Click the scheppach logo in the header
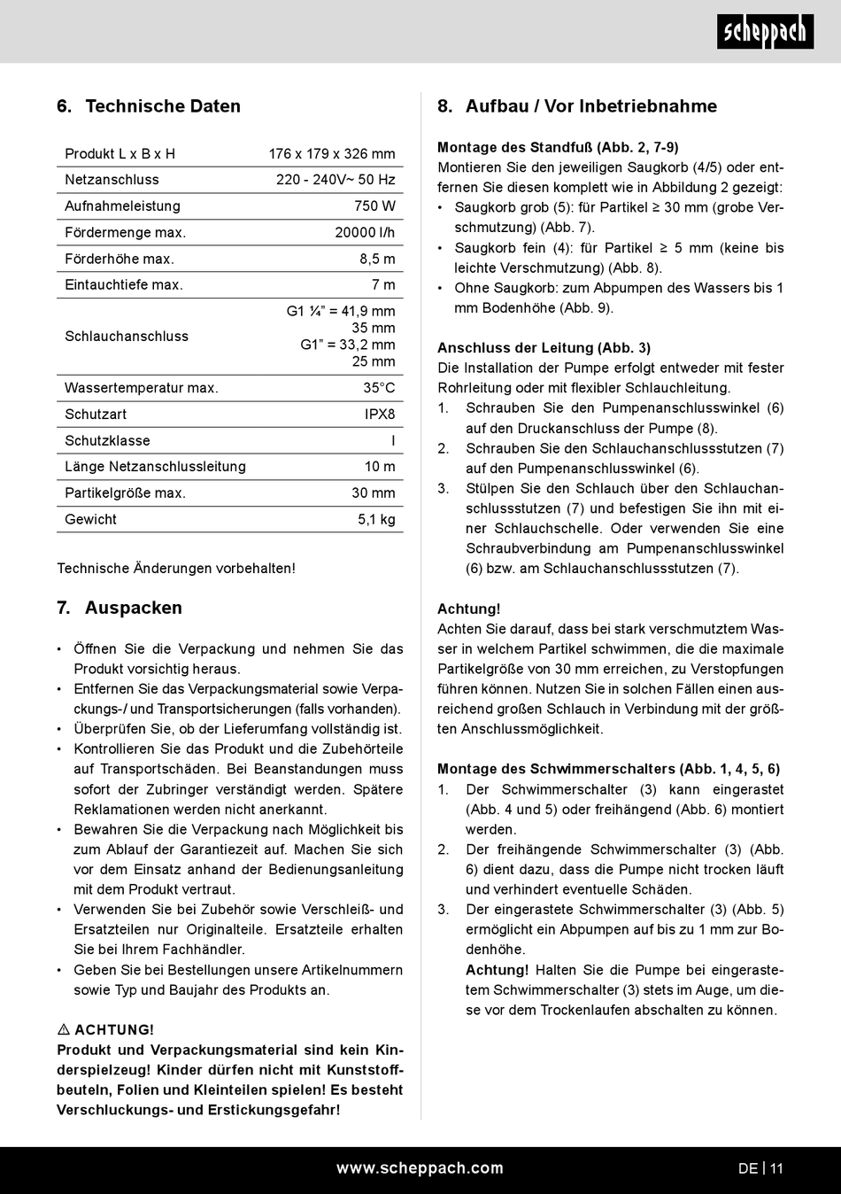[765, 32]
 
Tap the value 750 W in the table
[374, 206]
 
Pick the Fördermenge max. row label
[125, 233]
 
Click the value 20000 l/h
[365, 233]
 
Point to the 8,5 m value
[377, 260]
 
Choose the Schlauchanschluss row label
[127, 337]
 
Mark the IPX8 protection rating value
[380, 415]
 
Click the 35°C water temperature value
[379, 388]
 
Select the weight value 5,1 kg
[376, 520]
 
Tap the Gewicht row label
[90, 520]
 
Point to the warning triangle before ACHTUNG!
[64, 1030]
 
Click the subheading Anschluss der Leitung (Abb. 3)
[544, 348]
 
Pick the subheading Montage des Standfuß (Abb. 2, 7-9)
[558, 148]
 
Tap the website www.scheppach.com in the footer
[420, 1168]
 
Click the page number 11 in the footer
[776, 1169]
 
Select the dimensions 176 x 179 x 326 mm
[332, 154]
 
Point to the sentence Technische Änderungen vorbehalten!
[176, 569]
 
